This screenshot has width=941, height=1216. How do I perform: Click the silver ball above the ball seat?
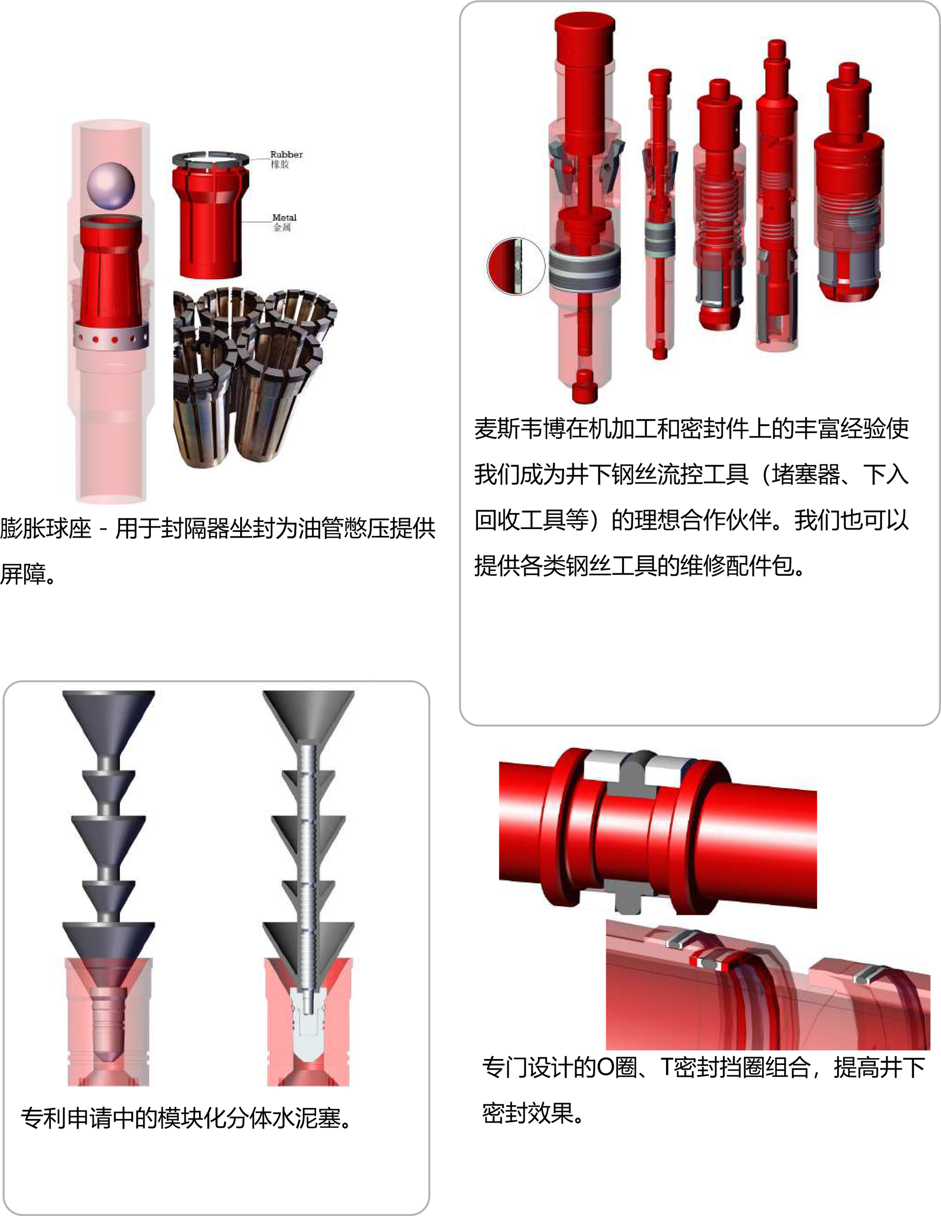[111, 186]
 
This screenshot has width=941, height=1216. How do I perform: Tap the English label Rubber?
[287, 154]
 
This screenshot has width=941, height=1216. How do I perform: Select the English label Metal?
[284, 217]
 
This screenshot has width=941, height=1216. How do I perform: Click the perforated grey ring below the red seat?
[111, 337]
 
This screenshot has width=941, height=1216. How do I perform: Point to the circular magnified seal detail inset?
[516, 266]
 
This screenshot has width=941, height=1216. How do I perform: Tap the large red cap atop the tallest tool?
[584, 38]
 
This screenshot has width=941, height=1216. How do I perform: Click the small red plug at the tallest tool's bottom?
[584, 385]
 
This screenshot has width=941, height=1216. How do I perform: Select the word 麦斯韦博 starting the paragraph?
[520, 429]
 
